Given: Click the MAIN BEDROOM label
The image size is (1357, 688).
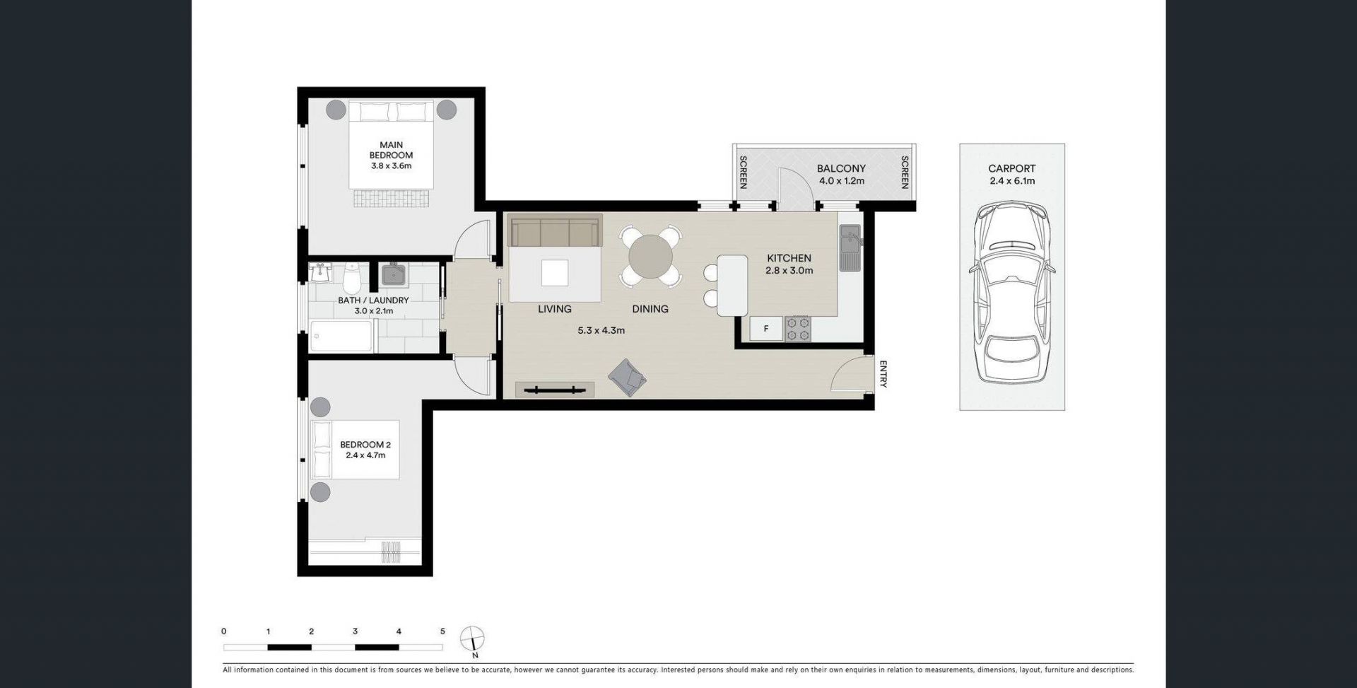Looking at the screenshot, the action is click(391, 150).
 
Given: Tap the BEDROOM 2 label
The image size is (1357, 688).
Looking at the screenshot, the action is click(365, 445).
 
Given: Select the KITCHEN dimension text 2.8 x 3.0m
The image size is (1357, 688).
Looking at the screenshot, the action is click(789, 270).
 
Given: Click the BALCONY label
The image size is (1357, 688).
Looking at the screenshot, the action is click(841, 168).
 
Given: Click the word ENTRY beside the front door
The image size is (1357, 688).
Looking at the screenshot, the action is click(883, 374).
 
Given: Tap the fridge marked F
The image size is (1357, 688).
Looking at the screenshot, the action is click(765, 329).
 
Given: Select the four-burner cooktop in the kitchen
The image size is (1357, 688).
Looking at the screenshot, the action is click(798, 329).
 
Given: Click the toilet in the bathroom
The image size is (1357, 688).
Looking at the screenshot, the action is click(351, 279).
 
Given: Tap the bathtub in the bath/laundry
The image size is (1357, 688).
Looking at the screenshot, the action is click(341, 336).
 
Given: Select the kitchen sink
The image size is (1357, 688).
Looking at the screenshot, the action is click(850, 247).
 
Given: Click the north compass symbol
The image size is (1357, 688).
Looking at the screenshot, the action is click(472, 639).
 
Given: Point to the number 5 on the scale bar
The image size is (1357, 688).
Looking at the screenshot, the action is click(442, 631).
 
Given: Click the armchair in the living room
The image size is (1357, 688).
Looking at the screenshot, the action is click(627, 378).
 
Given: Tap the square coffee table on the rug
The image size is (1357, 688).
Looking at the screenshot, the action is click(555, 273).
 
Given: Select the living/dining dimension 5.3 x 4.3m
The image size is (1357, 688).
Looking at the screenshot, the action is click(601, 330).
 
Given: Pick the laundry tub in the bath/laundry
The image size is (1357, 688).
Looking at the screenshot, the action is click(392, 274).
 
